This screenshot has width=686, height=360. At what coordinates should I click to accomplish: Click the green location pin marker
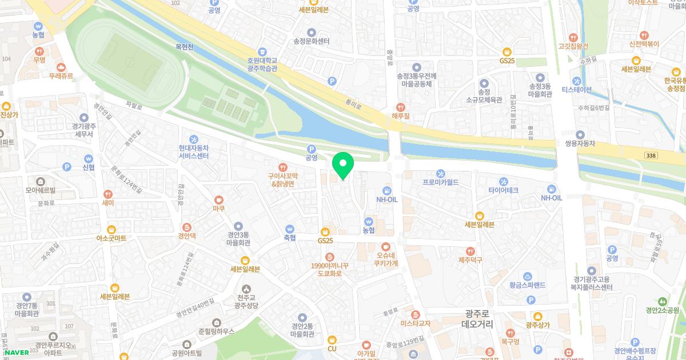click(343, 166)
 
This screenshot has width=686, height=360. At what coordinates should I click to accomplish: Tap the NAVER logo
click(15, 352)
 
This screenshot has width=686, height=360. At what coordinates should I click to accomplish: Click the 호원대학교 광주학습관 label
click(262, 64)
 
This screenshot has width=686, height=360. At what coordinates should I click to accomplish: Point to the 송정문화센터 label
click(312, 41)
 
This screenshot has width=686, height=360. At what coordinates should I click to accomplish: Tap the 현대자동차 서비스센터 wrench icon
click(193, 139)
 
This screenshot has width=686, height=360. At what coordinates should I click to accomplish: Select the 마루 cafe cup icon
click(218, 200)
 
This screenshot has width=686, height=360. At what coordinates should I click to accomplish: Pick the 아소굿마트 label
click(111, 238)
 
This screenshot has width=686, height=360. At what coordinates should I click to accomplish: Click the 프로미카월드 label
click(441, 182)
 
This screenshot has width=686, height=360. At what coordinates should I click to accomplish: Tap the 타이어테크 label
click(503, 190)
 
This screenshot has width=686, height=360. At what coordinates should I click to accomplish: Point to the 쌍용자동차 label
click(580, 143)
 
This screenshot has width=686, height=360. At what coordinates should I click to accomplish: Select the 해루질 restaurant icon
click(400, 107)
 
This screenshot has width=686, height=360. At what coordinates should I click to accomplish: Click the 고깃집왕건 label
click(573, 46)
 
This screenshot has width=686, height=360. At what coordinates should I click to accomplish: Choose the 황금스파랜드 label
click(527, 285)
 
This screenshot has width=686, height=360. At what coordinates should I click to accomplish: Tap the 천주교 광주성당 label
click(246, 301)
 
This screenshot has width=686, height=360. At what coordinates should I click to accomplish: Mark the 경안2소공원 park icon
click(662, 301)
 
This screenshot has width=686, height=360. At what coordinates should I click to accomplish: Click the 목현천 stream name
click(185, 47)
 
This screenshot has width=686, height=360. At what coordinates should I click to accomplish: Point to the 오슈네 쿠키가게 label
click(385, 259)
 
